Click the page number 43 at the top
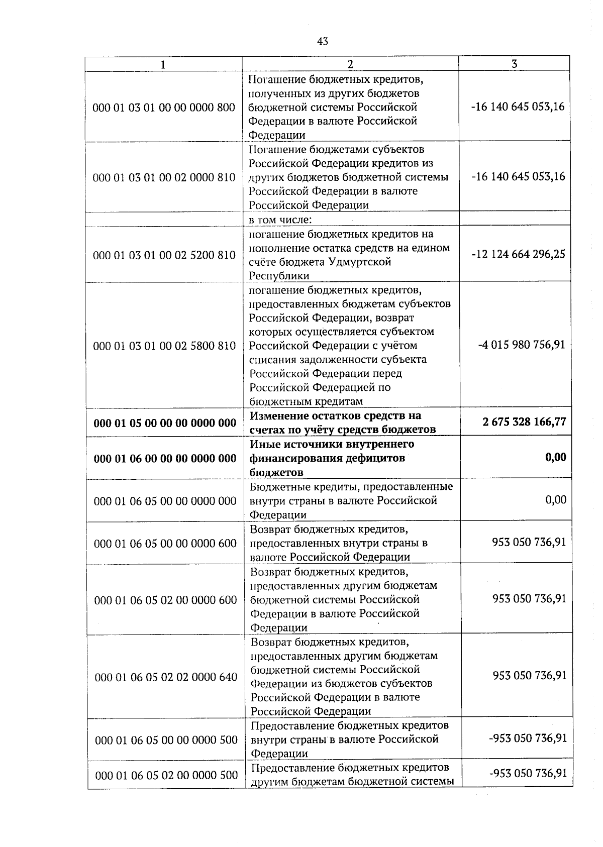[x=323, y=42]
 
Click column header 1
[x=162, y=64]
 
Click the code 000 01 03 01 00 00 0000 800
[x=164, y=108]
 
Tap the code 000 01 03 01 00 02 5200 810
[x=164, y=255]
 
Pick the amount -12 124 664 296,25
[x=518, y=254]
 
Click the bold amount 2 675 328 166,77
[x=524, y=421]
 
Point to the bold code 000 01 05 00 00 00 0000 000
[x=165, y=423]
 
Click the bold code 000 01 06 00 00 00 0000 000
[x=165, y=458]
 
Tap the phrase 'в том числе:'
[x=281, y=220]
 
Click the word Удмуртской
[x=360, y=262]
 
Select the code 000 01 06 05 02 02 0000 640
[x=166, y=677]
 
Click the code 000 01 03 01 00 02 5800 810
[x=164, y=346]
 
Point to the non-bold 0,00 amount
[x=555, y=500]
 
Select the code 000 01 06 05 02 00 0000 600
[x=165, y=600]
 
